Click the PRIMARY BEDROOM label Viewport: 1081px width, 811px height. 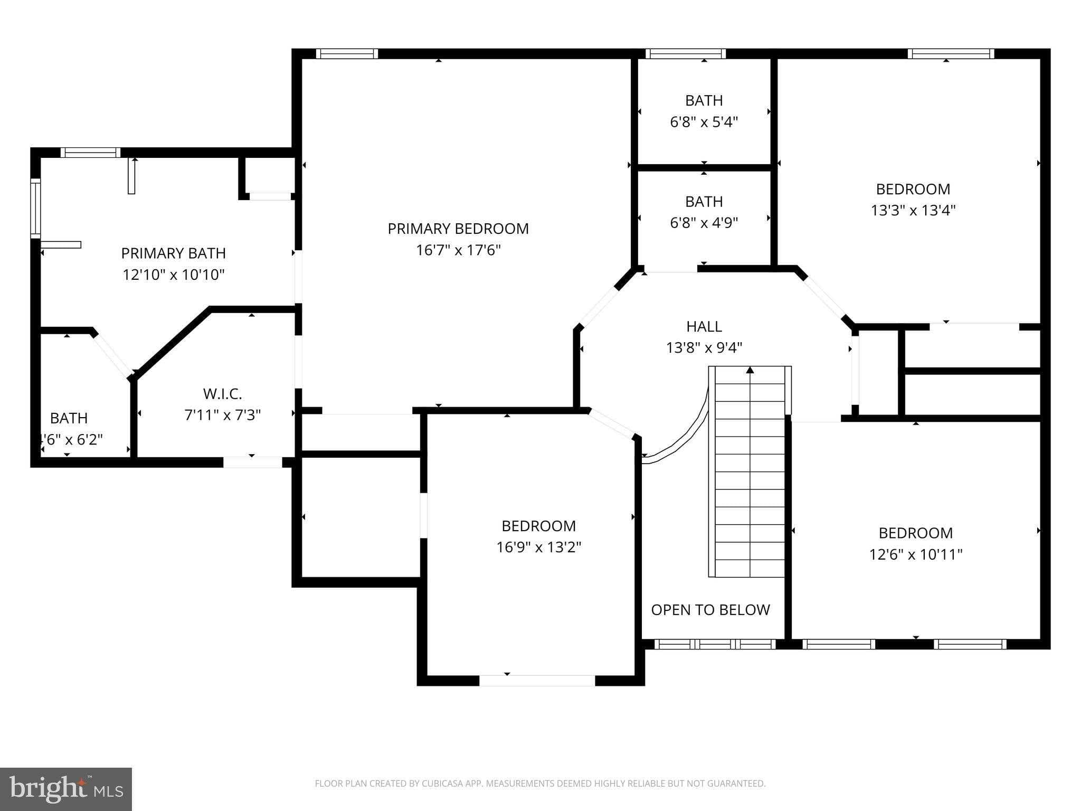(458, 229)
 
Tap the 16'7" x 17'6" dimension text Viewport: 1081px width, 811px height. (458, 250)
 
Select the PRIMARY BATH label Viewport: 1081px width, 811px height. (174, 253)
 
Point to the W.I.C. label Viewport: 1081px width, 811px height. (223, 394)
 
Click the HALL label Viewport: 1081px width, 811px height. (704, 327)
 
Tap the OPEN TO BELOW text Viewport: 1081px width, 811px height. (710, 610)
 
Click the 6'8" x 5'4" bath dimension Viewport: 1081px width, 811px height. (704, 122)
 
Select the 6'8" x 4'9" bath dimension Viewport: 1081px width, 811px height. (704, 223)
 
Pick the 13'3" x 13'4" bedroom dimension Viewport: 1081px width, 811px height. (913, 210)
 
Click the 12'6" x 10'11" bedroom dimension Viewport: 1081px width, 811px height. (916, 554)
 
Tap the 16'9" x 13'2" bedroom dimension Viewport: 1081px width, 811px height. (538, 547)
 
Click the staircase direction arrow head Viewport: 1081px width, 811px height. (750, 370)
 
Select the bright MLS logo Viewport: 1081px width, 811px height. (66, 789)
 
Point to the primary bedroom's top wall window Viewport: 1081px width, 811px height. (347, 54)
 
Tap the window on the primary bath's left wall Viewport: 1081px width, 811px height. (35, 208)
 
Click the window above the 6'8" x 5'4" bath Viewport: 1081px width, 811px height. (686, 54)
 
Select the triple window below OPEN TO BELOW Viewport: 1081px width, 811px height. (715, 644)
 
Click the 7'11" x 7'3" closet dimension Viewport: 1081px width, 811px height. (223, 415)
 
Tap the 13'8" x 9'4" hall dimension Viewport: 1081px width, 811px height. (704, 348)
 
